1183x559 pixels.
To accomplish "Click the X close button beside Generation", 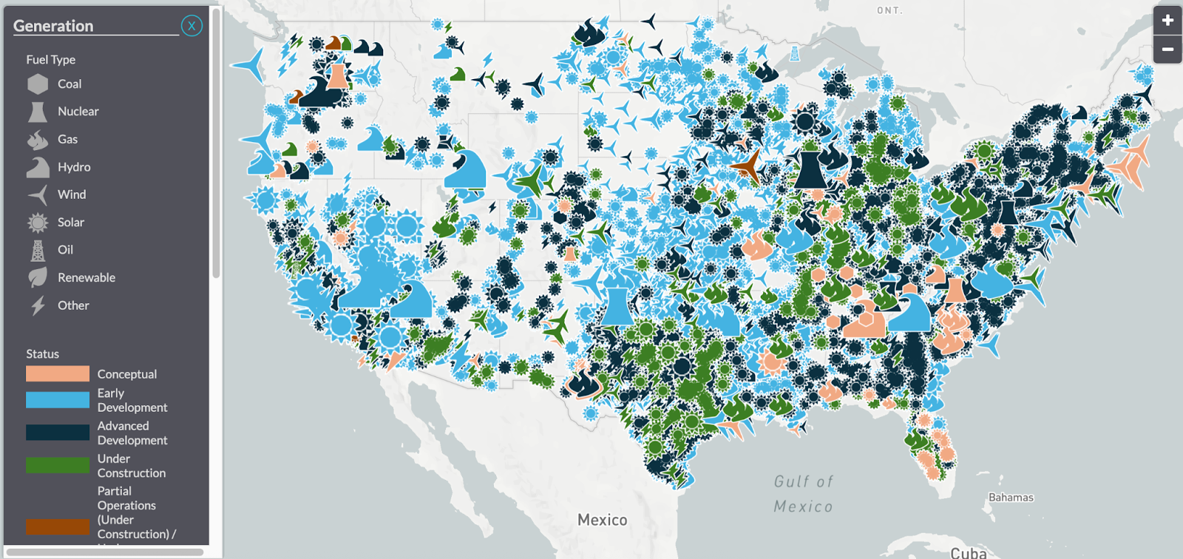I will pyautogui.click(x=191, y=26).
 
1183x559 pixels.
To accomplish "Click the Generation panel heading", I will pyautogui.click(x=53, y=26).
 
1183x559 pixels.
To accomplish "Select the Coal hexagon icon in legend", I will pyautogui.click(x=38, y=84).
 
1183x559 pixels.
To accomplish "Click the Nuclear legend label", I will pyautogui.click(x=78, y=112).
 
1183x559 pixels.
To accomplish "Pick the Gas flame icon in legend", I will pyautogui.click(x=38, y=139).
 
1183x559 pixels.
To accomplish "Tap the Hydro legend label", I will pyautogui.click(x=74, y=167).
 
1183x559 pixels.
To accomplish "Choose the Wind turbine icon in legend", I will pyautogui.click(x=38, y=194).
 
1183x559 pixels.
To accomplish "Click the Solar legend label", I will pyautogui.click(x=71, y=223).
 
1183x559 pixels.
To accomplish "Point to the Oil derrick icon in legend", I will pyautogui.click(x=38, y=250).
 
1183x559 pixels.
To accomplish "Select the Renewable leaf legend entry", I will pyautogui.click(x=86, y=278).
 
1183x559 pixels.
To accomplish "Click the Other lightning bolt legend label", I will pyautogui.click(x=73, y=305).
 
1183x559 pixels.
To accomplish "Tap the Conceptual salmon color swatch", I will pyautogui.click(x=58, y=374).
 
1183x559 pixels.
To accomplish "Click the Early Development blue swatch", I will pyautogui.click(x=58, y=400).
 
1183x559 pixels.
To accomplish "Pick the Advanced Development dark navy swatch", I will pyautogui.click(x=58, y=433).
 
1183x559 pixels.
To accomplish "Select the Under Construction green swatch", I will pyautogui.click(x=58, y=465).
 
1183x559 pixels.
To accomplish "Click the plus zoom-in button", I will pyautogui.click(x=1167, y=21).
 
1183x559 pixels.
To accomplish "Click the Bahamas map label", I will pyautogui.click(x=1011, y=498).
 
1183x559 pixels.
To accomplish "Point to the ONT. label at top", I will pyautogui.click(x=889, y=10).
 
